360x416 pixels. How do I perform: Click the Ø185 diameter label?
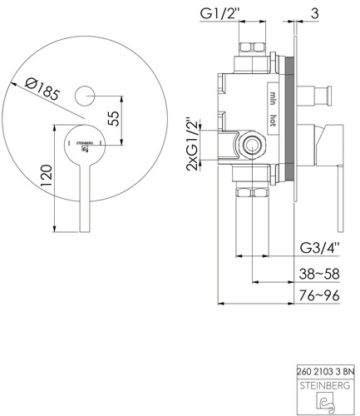point(42,89)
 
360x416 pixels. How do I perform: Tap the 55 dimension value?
point(114,118)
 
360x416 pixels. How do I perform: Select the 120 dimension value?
point(46,176)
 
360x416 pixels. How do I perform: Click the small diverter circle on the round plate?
point(85,96)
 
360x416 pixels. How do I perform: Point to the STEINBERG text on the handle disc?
point(85,143)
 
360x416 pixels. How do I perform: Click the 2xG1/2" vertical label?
point(193,144)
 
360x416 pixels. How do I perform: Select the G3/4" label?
point(320,248)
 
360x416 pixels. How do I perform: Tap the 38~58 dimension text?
point(319,274)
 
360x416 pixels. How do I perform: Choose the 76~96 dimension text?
point(319,295)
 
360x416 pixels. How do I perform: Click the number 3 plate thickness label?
point(314,13)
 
